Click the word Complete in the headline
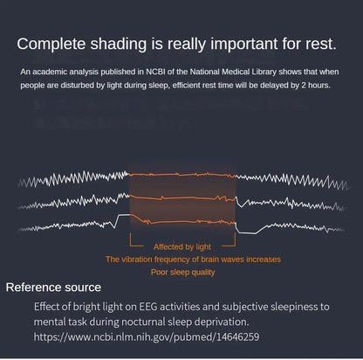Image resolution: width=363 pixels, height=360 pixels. pyautogui.click(x=51, y=45)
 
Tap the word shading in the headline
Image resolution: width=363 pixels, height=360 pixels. pyautogui.click(x=119, y=45)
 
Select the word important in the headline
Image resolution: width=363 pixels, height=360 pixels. pyautogui.click(x=244, y=45)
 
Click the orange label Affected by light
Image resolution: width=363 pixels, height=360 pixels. pyautogui.click(x=182, y=247)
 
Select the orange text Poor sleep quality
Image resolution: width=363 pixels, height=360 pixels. pyautogui.click(x=182, y=273)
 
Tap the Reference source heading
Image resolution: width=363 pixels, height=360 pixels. pyautogui.click(x=53, y=287)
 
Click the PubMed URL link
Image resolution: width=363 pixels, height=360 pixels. pyautogui.click(x=147, y=337)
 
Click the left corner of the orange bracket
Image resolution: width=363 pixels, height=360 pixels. pyautogui.click(x=131, y=246)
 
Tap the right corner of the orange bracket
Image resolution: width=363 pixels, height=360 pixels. pyautogui.click(x=235, y=246)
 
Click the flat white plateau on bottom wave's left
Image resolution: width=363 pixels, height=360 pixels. pyautogui.click(x=124, y=215)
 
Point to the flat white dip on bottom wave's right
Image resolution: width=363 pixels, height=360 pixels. pyautogui.click(x=248, y=233)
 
